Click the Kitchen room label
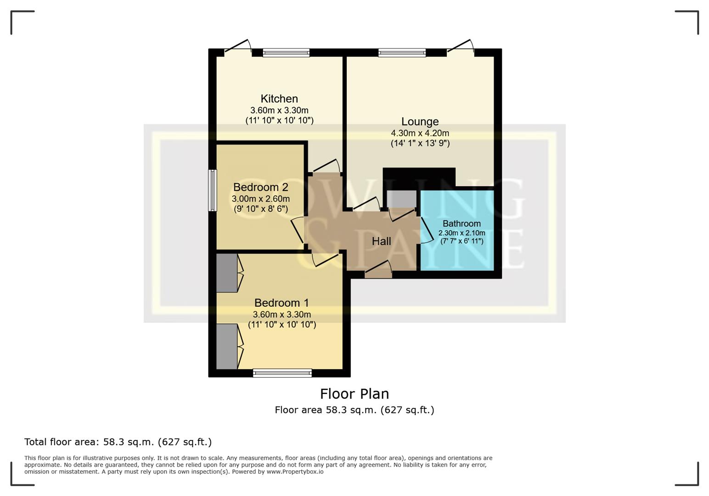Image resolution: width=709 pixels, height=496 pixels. [279, 99]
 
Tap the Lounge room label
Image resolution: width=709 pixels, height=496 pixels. [420, 122]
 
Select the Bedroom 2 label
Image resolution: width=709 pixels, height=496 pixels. [260, 187]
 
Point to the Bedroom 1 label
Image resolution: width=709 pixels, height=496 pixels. [281, 303]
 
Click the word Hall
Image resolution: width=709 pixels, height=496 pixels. [381, 242]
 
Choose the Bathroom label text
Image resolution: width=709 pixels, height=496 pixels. [461, 224]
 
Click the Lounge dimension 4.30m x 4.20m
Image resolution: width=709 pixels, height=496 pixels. [420, 133]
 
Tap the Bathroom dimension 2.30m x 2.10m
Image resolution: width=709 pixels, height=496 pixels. [461, 233]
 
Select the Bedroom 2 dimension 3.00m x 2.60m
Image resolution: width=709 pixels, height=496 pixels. [260, 199]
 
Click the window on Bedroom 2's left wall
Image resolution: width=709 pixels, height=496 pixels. [212, 190]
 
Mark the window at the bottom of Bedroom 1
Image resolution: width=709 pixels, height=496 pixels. [282, 373]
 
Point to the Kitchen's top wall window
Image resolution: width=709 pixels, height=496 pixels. [286, 53]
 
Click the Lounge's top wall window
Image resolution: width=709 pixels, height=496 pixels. [402, 53]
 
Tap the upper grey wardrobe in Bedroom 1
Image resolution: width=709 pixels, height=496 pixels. [227, 273]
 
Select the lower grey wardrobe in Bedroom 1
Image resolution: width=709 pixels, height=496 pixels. [227, 346]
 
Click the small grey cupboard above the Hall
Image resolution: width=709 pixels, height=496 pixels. [401, 199]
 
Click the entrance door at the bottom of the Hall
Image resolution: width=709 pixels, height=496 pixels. [378, 274]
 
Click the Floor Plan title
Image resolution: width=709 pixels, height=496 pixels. [354, 394]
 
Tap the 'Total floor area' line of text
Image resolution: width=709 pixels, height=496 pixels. [118, 442]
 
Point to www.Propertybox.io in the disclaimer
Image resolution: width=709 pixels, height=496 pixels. [295, 472]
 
